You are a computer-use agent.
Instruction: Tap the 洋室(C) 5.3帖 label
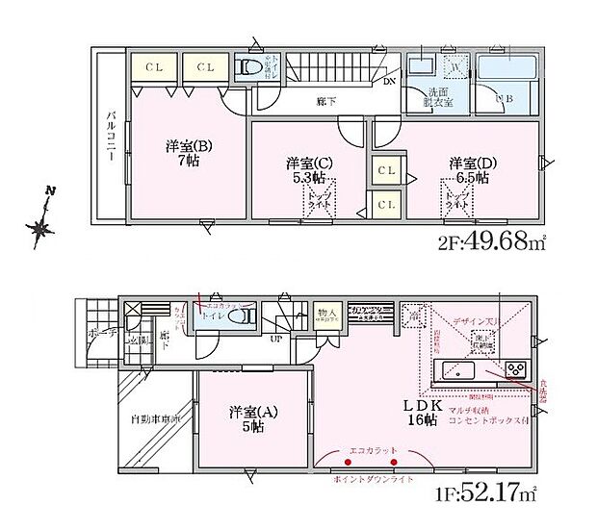click(309, 169)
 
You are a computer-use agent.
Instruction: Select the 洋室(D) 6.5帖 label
click(468, 169)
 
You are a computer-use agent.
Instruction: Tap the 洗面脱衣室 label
click(437, 98)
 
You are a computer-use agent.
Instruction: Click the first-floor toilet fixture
click(242, 317)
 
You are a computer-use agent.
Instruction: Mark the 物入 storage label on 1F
click(326, 313)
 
